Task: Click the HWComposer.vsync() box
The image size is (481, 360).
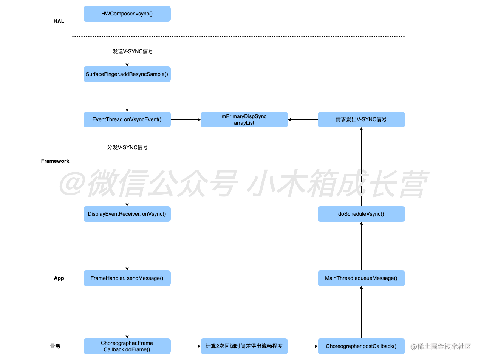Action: pyautogui.click(x=127, y=14)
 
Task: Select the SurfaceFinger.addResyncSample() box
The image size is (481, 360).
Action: pyautogui.click(x=127, y=74)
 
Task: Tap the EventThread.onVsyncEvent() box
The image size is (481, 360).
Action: pyautogui.click(x=127, y=120)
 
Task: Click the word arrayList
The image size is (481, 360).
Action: pyautogui.click(x=244, y=123)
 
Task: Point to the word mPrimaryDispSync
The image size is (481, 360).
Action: pyautogui.click(x=244, y=116)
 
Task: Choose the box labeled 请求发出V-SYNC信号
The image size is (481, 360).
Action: pyautogui.click(x=361, y=120)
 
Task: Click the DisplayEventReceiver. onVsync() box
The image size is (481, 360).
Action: pyautogui.click(x=127, y=214)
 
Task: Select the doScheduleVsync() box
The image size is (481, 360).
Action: pyautogui.click(x=361, y=214)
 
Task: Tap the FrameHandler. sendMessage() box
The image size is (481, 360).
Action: pyautogui.click(x=127, y=278)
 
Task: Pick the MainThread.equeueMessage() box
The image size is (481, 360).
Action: pyautogui.click(x=361, y=278)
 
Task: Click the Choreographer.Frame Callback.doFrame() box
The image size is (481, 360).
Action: pyautogui.click(x=127, y=346)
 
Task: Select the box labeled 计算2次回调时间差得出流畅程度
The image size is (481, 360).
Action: pyautogui.click(x=244, y=346)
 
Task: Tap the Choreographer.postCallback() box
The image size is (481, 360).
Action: pyautogui.click(x=361, y=346)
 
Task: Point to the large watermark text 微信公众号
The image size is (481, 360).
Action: pyautogui.click(x=162, y=184)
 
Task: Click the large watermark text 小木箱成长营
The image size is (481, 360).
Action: pyautogui.click(x=338, y=184)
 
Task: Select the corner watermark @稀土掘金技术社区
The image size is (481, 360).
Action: pyautogui.click(x=440, y=346)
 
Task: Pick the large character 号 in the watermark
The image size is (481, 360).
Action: pyautogui.click(x=223, y=184)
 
